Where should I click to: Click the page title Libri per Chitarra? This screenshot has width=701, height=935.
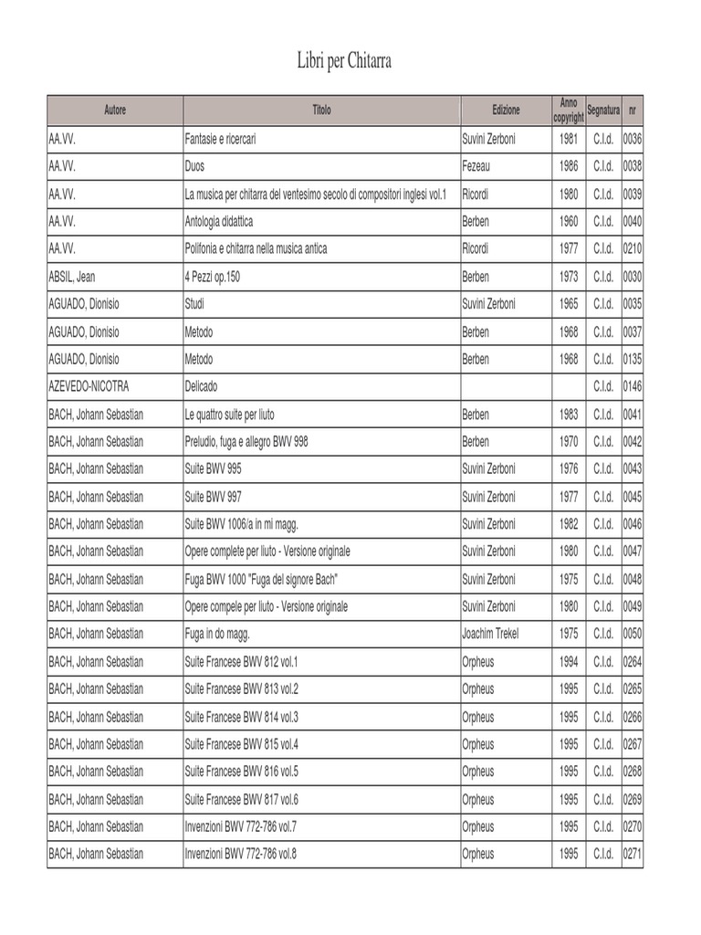[x=344, y=61]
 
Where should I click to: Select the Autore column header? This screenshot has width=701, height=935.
[x=115, y=110]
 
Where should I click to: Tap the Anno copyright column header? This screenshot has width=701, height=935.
[x=569, y=110]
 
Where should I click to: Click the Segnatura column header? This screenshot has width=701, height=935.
[x=603, y=110]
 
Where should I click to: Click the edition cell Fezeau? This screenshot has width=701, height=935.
[x=476, y=167]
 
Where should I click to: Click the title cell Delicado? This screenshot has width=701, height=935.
[x=201, y=386]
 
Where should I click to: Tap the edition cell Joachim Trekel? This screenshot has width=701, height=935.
[x=490, y=634]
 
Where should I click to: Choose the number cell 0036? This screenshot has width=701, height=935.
[x=633, y=140]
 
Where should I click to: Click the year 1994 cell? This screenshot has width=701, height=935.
[x=569, y=661]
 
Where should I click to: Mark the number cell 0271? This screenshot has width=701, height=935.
[x=633, y=854]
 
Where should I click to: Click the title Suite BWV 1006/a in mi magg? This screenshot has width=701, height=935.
[x=242, y=524]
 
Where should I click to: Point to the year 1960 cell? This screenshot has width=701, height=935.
[x=569, y=222]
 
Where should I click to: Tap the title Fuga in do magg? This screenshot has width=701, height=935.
[x=217, y=634]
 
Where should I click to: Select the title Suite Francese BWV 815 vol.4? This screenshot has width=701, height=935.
[x=242, y=743]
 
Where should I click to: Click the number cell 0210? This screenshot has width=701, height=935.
[x=633, y=249]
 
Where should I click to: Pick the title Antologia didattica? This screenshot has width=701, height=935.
[x=219, y=222]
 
